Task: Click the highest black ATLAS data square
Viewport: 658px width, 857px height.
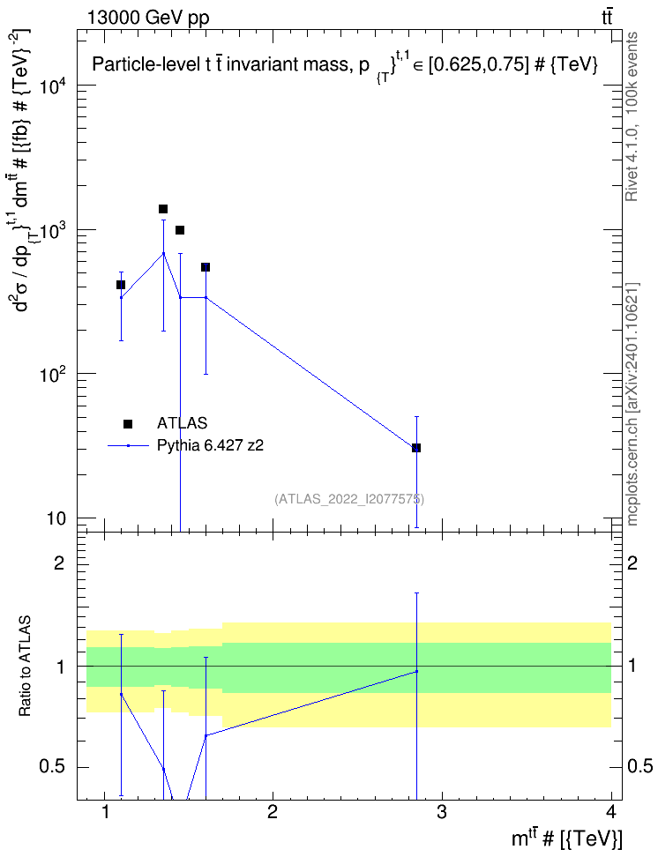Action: coord(163,209)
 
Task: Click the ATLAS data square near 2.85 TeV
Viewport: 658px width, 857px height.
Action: coord(416,448)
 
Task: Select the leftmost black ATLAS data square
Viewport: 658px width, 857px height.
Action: coord(121,285)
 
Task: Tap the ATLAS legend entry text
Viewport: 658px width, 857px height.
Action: coord(182,423)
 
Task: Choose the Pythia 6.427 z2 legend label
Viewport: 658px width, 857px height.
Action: coord(210,445)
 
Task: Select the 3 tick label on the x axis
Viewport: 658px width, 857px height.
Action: coord(441,812)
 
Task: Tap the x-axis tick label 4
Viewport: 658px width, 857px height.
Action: coord(611,812)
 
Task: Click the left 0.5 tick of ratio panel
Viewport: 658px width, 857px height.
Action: coord(52,767)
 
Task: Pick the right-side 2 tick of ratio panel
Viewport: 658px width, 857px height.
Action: coord(632,563)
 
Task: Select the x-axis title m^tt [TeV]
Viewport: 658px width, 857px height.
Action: coord(566,838)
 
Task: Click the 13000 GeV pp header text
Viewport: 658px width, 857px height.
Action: coord(148,18)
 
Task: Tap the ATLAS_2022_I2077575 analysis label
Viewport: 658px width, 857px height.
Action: coord(349,498)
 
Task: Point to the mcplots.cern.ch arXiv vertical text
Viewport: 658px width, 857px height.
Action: coord(632,405)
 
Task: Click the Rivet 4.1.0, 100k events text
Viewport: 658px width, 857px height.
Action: coord(632,116)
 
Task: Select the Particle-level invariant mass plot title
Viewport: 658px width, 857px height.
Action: coord(345,65)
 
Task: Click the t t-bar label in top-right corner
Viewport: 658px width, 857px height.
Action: coord(607,17)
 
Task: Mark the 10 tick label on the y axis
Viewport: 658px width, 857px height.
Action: coord(56,518)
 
